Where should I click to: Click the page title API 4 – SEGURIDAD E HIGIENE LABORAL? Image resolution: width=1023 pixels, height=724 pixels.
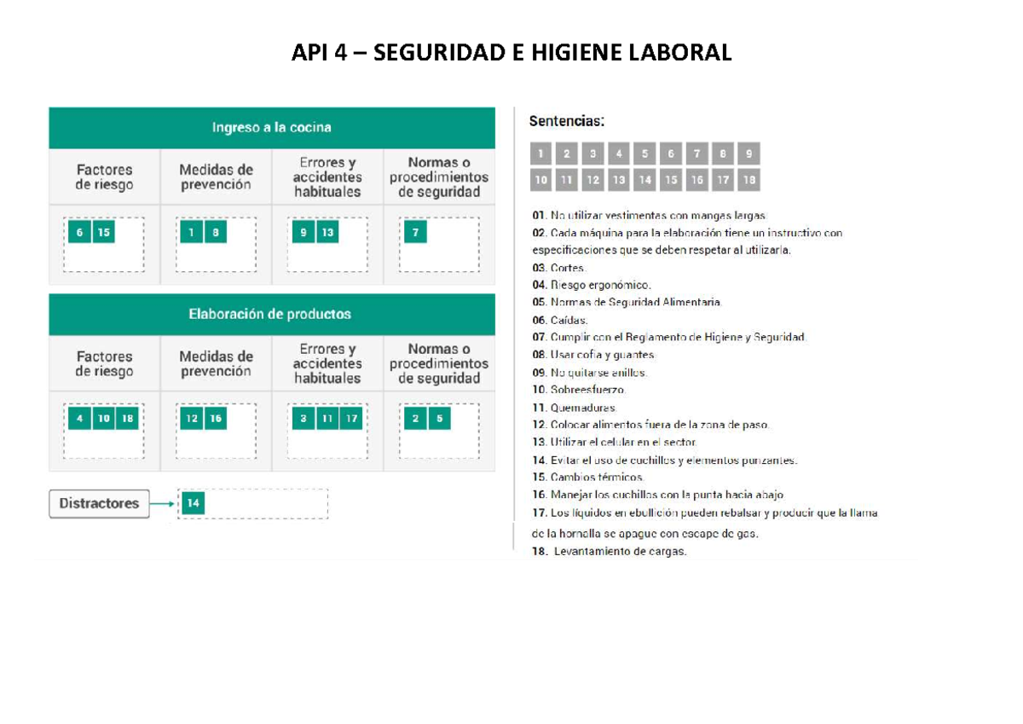(511, 53)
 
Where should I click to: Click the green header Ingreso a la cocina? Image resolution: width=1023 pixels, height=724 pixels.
(271, 128)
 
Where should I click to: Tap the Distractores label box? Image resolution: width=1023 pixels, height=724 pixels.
(99, 503)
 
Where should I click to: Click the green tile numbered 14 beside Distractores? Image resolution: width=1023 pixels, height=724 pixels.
(194, 504)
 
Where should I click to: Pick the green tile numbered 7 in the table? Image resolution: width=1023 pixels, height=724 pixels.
(415, 232)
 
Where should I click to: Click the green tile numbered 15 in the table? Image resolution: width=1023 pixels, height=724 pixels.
(104, 232)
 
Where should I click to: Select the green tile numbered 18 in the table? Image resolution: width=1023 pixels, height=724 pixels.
(128, 419)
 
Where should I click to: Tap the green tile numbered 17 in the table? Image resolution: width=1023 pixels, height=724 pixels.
(350, 419)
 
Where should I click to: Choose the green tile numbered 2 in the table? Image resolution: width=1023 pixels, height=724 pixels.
(415, 419)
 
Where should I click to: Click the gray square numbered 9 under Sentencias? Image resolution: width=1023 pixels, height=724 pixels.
(748, 154)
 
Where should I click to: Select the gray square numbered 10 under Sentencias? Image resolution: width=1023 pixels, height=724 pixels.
(540, 180)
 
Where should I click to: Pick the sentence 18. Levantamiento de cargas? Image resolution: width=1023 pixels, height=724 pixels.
(609, 552)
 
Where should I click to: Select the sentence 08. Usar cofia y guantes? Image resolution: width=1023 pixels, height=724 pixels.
(593, 355)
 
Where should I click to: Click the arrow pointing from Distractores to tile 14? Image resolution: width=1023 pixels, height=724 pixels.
(164, 504)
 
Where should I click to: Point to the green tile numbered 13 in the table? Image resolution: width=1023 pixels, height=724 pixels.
(327, 232)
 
